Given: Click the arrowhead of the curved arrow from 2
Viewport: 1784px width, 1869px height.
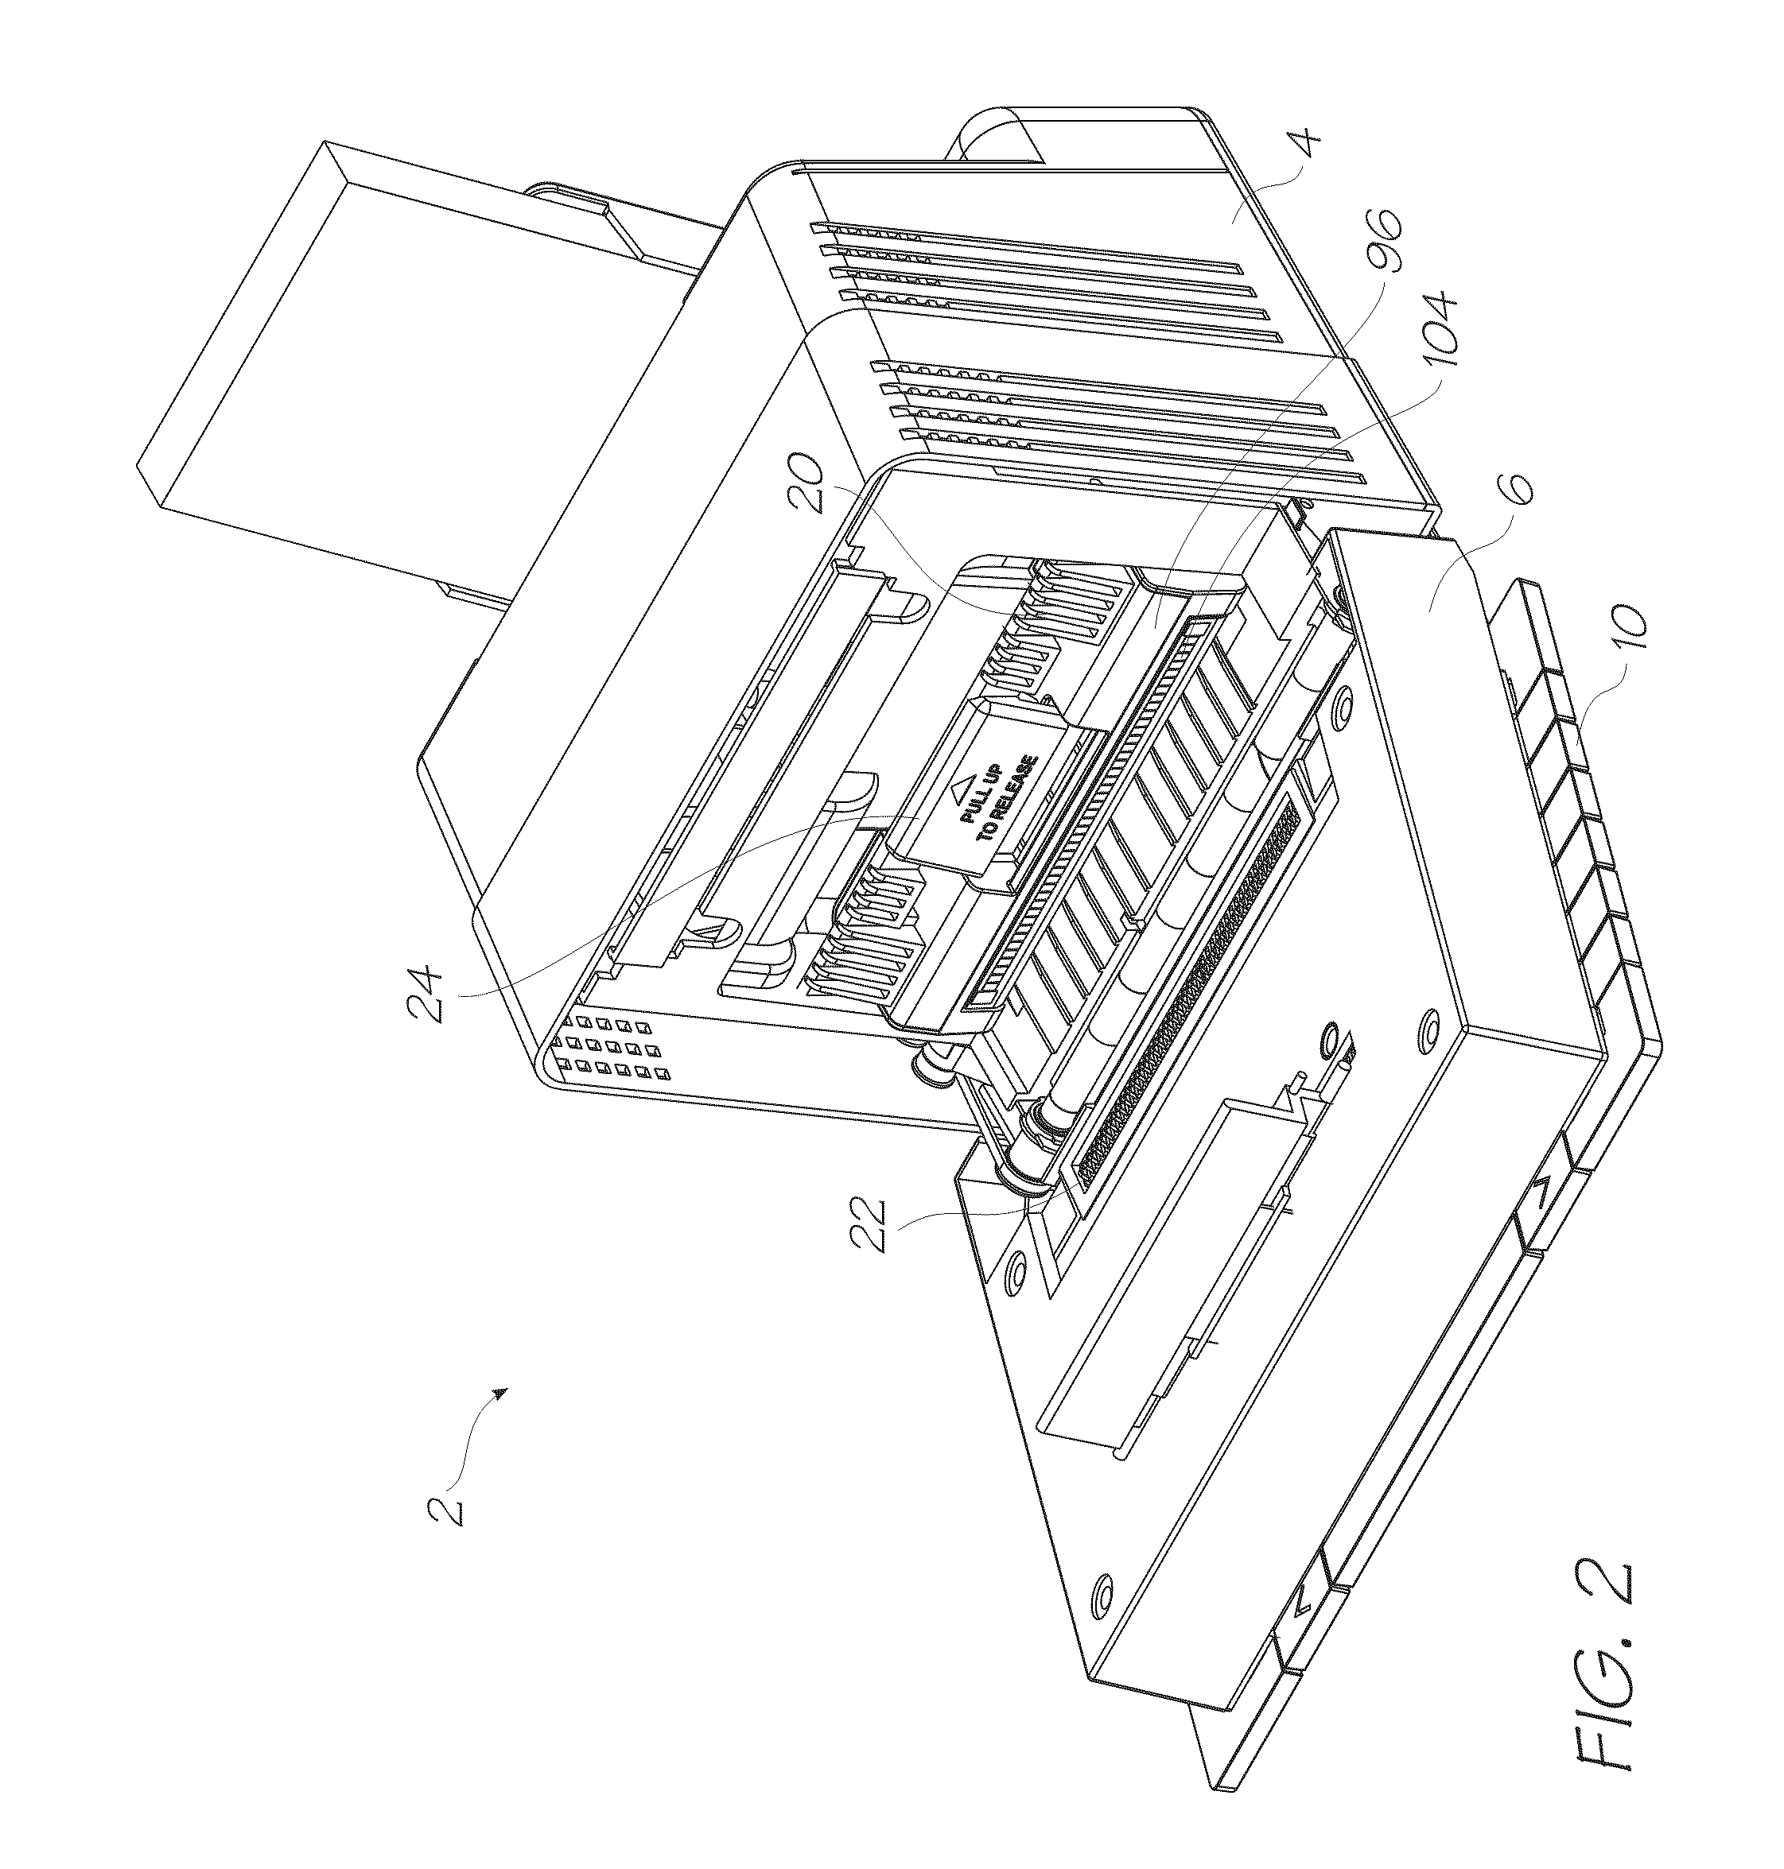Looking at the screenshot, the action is click(500, 1393).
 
